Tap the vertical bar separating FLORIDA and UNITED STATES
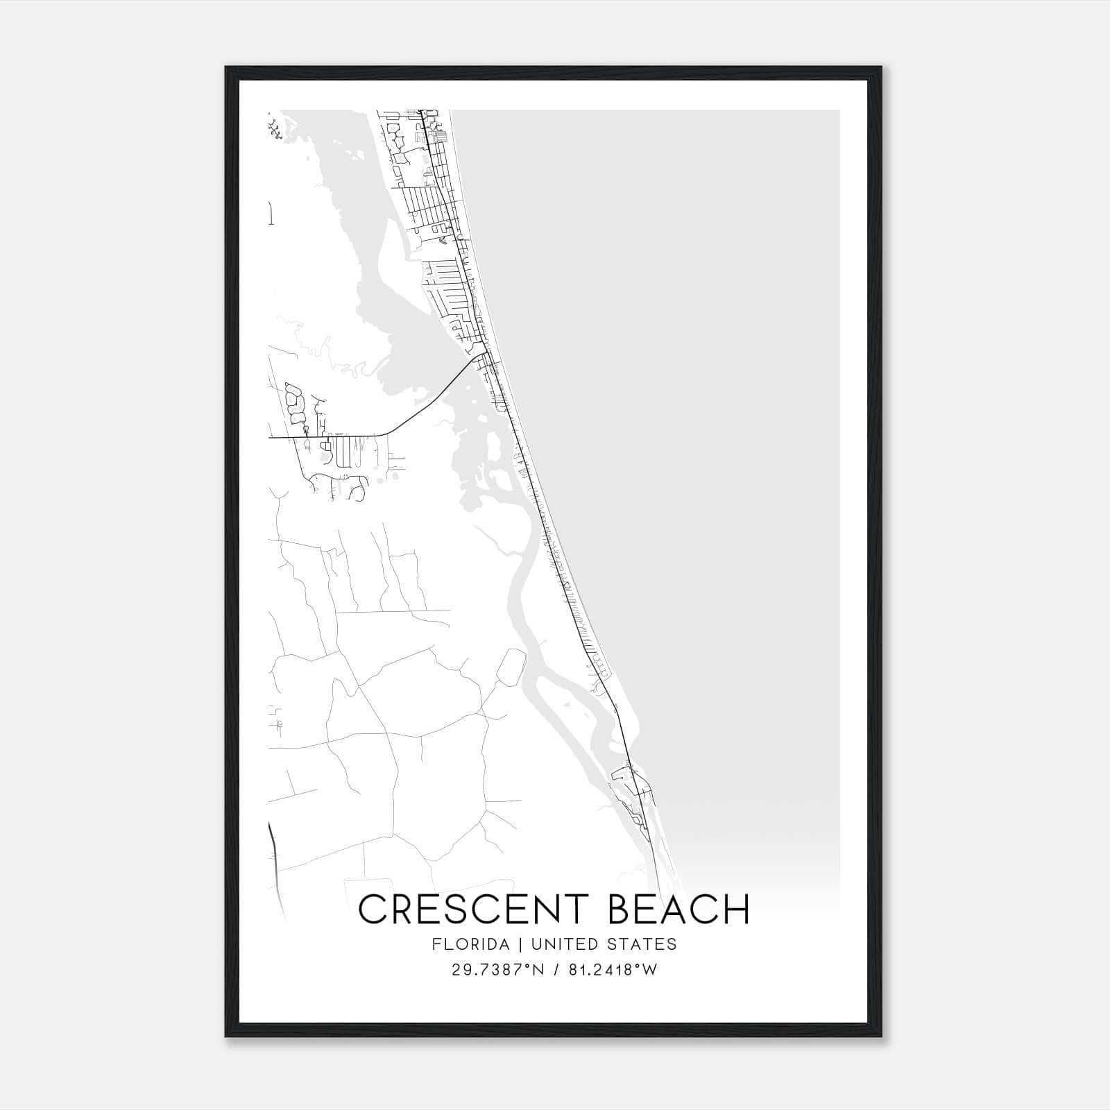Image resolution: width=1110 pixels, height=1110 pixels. pyautogui.click(x=513, y=943)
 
